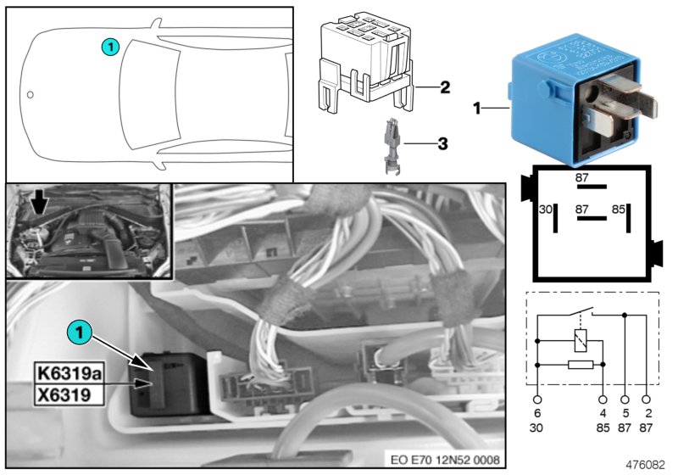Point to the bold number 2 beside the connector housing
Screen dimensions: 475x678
[x=444, y=87]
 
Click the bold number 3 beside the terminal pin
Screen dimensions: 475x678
[x=442, y=144]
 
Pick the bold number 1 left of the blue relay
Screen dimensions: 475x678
[x=476, y=109]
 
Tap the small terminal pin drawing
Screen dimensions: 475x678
[x=392, y=146]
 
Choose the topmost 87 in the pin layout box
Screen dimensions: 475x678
[x=581, y=178]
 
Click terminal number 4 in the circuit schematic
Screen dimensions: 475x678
[x=603, y=412]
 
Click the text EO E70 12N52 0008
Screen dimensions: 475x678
[x=445, y=461]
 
